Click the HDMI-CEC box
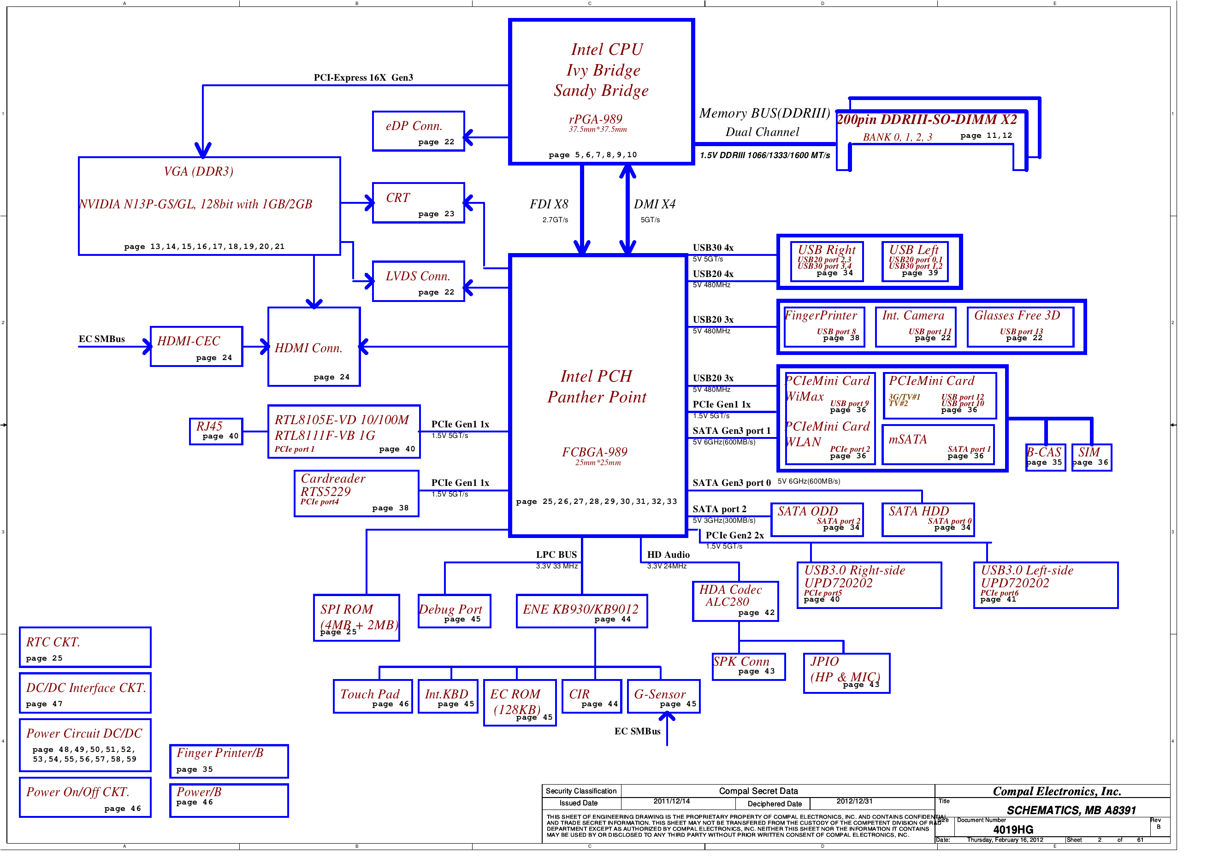196,347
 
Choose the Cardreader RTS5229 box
356,493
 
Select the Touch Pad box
373,697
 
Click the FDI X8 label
549,205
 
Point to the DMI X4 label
655,205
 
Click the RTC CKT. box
85,647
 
